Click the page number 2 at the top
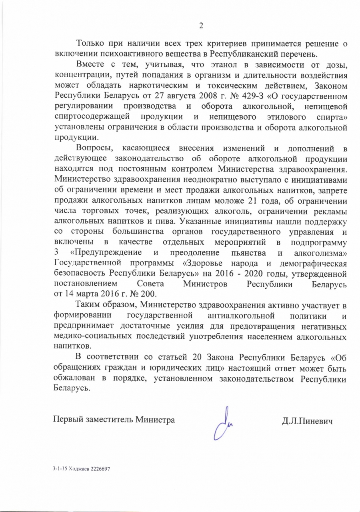(x=202, y=26)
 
